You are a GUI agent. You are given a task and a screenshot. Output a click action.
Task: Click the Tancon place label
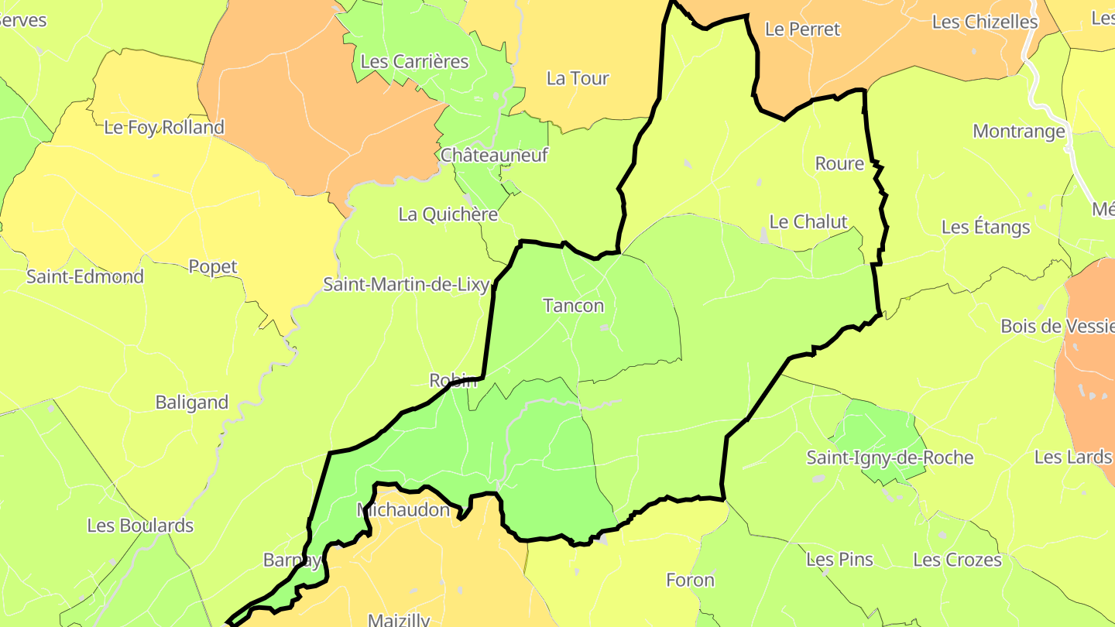coord(574,306)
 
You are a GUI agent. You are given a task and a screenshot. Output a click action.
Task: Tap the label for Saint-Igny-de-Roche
coord(890,457)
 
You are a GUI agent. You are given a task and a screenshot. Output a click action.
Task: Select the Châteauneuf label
coord(494,155)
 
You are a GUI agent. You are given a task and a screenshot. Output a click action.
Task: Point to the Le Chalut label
coord(808,222)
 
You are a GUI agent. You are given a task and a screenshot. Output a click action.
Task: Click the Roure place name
coord(839,163)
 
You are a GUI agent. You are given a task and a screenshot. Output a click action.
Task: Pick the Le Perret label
coord(802,29)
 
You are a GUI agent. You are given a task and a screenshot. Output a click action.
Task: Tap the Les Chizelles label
coord(985,22)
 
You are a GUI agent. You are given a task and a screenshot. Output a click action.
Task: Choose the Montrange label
coord(1019,131)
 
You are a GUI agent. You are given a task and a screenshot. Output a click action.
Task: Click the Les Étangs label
coord(986,227)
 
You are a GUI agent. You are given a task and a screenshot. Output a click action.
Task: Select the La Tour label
coord(578,78)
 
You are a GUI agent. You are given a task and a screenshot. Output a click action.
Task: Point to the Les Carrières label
coord(415,61)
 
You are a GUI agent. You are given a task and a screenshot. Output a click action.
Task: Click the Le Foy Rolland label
coord(164,127)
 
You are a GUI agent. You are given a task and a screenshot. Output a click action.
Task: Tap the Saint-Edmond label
coord(85,276)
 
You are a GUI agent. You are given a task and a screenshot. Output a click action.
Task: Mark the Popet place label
coord(213,266)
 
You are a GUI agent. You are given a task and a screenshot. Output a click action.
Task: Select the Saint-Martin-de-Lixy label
coord(406,285)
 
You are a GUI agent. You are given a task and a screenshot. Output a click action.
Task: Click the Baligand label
coord(192,403)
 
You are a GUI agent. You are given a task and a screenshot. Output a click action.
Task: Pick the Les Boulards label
coord(140,526)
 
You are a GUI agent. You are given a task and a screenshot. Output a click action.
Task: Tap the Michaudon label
coord(403,510)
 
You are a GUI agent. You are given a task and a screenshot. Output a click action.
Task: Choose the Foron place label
coord(690,580)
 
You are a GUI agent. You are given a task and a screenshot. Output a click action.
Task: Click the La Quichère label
coord(448,214)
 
